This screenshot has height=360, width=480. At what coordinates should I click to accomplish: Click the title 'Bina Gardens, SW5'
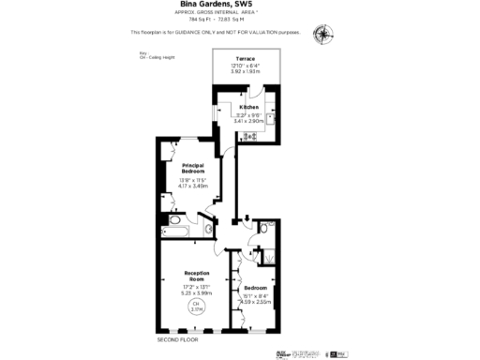tap(240, 5)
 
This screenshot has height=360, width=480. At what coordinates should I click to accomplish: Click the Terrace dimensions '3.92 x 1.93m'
tap(246, 71)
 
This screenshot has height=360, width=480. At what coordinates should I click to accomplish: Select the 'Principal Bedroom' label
tap(193, 170)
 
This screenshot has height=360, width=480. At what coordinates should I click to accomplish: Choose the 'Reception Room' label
tap(196, 276)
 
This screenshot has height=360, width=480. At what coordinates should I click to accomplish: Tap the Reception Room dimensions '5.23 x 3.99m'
tap(196, 292)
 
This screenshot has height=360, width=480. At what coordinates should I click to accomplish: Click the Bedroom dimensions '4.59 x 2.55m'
tap(255, 301)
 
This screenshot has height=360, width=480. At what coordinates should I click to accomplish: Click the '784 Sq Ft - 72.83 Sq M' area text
tap(240, 18)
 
